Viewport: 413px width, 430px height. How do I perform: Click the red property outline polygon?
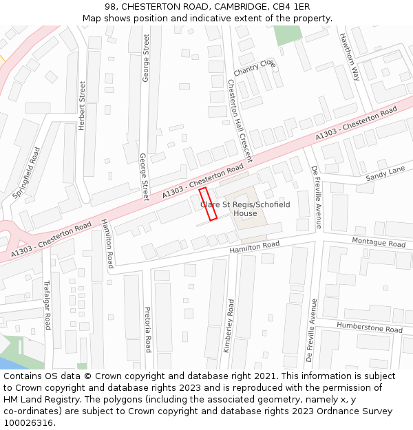(x=208, y=204)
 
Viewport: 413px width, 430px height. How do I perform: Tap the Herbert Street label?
(x=82, y=105)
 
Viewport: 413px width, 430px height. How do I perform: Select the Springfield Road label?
(x=27, y=173)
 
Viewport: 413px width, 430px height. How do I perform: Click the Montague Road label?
(x=379, y=243)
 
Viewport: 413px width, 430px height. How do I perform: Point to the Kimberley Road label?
(x=229, y=325)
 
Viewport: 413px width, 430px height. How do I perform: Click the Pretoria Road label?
(x=147, y=329)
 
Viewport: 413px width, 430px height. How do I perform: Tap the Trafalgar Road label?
(x=47, y=305)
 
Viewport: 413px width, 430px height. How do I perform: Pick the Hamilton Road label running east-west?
(x=255, y=246)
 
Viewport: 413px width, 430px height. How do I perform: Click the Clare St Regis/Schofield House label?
(x=245, y=209)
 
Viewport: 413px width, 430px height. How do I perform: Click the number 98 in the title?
(x=111, y=7)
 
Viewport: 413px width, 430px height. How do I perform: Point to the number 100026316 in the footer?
(x=28, y=422)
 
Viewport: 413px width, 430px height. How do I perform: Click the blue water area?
(x=12, y=363)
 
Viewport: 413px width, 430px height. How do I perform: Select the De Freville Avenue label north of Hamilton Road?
(x=317, y=197)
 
